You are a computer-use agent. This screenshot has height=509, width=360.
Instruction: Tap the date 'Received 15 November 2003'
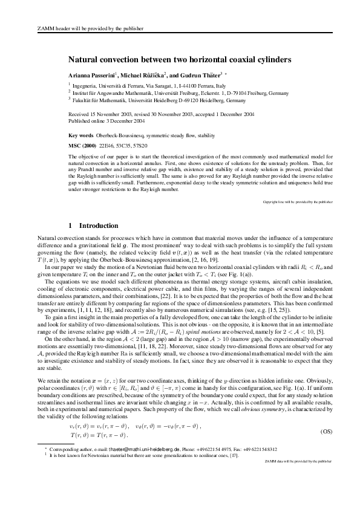pyautogui.click(x=99, y=114)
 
